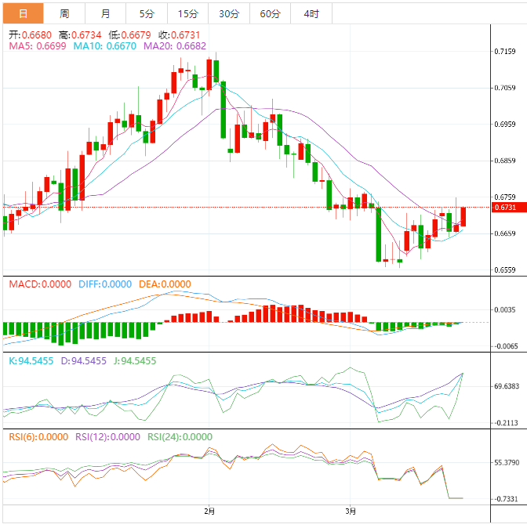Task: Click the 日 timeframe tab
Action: [x=22, y=13]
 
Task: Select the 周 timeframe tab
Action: [x=64, y=13]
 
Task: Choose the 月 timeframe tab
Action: [x=106, y=13]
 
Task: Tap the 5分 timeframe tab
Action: [x=147, y=13]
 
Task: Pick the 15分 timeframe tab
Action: [x=188, y=13]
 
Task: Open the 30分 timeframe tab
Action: [x=229, y=13]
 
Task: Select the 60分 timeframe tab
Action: [x=271, y=13]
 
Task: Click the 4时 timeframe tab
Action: [x=311, y=13]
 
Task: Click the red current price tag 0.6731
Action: [x=505, y=208]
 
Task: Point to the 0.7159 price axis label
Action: [x=505, y=52]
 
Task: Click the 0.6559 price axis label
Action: [x=505, y=270]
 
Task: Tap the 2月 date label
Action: [x=209, y=512]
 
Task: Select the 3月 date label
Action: [x=351, y=512]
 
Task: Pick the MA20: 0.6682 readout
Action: [x=174, y=46]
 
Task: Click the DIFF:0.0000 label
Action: [x=106, y=284]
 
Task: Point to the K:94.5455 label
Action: [x=31, y=361]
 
